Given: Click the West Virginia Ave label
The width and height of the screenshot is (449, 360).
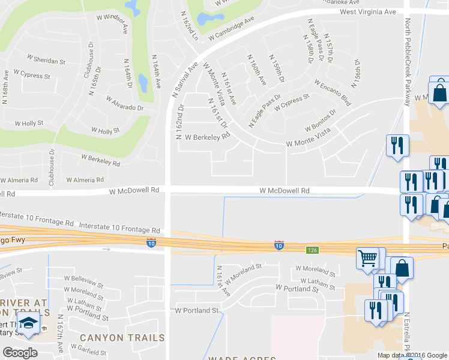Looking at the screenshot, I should click(368, 11).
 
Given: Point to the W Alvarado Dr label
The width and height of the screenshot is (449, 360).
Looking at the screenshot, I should click(125, 103).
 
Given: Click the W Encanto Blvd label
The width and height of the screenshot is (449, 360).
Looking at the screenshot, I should click(332, 92).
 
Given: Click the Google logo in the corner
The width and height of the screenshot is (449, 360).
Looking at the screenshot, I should click(20, 353).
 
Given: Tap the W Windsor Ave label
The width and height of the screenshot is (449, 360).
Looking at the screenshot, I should click(118, 22).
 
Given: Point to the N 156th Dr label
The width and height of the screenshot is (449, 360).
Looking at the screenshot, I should click(357, 70).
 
